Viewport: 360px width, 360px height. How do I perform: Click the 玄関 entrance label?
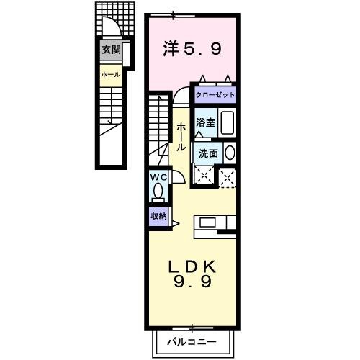click(110, 50)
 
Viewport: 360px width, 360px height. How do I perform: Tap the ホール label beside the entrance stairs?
click(110, 74)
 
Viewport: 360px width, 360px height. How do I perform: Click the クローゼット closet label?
click(214, 95)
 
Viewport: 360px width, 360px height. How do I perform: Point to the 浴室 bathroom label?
click(206, 122)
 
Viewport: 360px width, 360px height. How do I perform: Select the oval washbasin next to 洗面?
click(230, 152)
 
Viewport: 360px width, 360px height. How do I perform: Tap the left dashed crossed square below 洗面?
click(204, 176)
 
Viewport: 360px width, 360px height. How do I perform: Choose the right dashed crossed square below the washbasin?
click(228, 177)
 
